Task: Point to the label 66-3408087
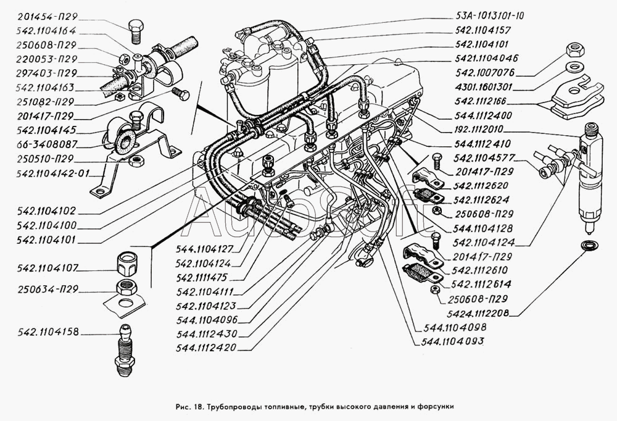coord(46,144)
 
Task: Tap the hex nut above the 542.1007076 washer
coord(576,48)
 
